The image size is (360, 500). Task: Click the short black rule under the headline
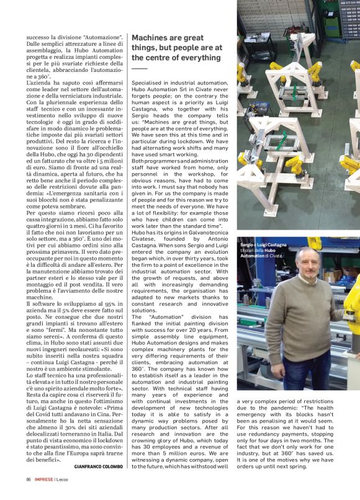(x=140, y=68)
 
